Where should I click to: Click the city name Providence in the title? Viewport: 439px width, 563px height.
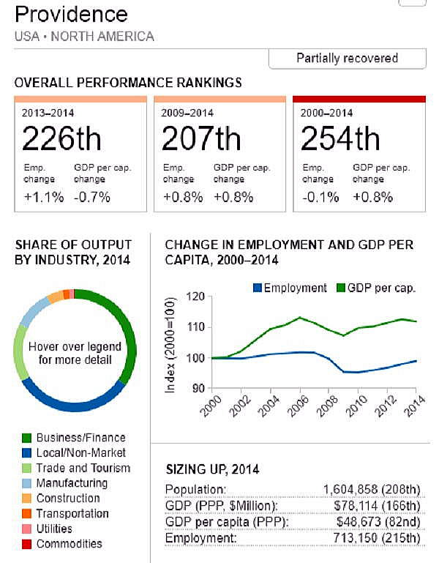point(71,14)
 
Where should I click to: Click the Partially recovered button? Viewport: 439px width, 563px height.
point(347,59)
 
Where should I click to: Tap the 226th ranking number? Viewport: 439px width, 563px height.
point(61,138)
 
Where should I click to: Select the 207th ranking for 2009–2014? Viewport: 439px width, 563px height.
point(200,138)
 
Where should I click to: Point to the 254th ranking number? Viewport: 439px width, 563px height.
point(339,138)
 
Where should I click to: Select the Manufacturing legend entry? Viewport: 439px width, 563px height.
point(72,483)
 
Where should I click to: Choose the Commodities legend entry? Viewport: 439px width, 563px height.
point(69,543)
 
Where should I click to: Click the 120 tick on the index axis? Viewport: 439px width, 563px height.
point(192,297)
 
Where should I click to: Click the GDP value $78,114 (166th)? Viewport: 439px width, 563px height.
point(377,506)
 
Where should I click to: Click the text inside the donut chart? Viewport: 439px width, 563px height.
point(74,353)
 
